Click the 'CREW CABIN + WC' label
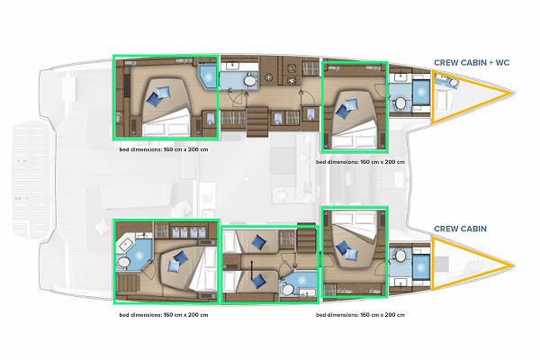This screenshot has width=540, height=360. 472,63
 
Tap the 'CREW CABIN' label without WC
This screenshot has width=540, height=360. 461,229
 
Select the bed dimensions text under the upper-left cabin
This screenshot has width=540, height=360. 164,150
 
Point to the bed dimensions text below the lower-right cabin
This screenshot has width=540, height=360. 360,315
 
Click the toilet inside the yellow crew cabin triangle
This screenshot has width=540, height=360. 454,83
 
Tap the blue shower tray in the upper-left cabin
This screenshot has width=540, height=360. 208,76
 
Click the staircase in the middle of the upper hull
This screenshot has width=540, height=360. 257,119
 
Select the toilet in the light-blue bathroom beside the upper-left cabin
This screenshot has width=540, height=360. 250,81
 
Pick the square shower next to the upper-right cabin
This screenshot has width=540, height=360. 421,93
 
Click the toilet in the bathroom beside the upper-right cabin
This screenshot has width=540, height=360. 400,103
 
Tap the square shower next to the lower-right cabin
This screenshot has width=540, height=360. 421,267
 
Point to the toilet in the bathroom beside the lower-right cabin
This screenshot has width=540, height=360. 400,256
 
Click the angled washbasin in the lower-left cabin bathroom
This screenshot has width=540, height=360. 126,244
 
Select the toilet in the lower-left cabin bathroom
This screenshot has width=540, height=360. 123,263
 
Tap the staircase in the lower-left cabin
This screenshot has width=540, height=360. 128,283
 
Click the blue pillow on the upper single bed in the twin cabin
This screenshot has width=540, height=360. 258,242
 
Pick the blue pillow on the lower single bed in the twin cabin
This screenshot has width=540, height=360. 258,280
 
